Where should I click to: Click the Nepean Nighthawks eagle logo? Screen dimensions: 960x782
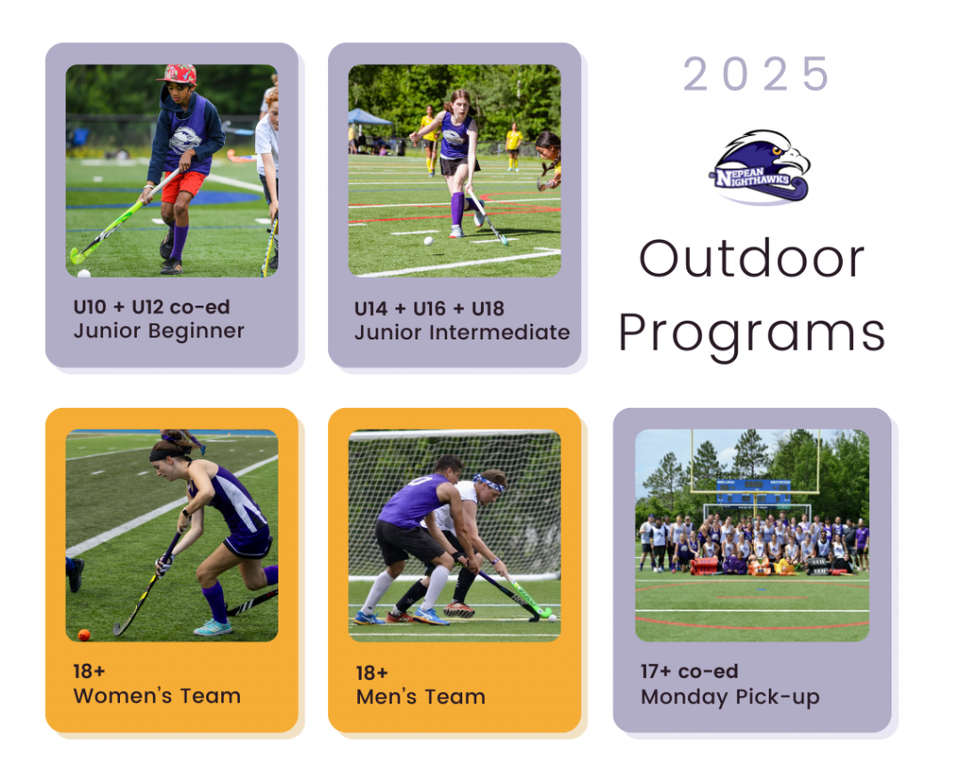point(759,167)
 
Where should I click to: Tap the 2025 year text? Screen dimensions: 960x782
point(757,74)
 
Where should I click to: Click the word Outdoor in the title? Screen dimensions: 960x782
point(752,259)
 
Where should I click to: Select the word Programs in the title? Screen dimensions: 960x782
point(752,335)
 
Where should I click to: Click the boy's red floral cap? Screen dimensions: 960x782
point(177,74)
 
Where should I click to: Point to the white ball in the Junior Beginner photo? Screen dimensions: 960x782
point(83,273)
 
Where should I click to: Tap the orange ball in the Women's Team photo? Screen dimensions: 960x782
point(83,635)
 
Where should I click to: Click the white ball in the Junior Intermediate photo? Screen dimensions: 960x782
point(428,241)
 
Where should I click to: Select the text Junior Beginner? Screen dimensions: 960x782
point(158,331)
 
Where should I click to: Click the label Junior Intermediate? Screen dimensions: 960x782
point(461,333)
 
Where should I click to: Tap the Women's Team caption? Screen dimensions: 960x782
point(157,696)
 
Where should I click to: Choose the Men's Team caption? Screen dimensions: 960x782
point(421,697)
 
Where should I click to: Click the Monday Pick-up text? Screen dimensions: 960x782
point(729,697)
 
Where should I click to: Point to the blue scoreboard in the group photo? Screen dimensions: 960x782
point(754,493)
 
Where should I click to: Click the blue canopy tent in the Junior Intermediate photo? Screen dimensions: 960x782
point(368,117)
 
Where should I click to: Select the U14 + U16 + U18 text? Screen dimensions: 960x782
point(429,308)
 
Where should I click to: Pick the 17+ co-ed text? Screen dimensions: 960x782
point(689,671)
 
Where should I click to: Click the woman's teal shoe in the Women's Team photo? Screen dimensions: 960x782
point(213,627)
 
